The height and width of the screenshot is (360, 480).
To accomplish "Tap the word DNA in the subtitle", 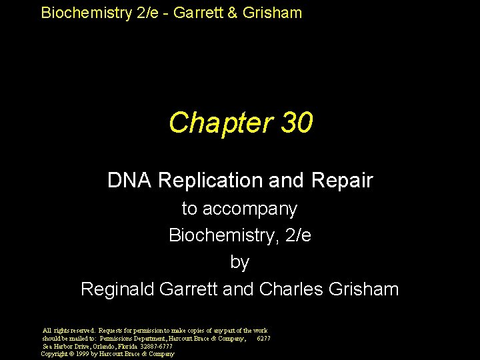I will coord(129,180).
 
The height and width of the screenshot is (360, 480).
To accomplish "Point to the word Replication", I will coord(217,180).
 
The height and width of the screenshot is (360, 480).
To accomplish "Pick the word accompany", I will coord(259,209).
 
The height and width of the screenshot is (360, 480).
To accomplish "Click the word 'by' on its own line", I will coord(239,262).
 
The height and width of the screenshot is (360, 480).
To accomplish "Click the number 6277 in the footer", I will coord(263,339).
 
